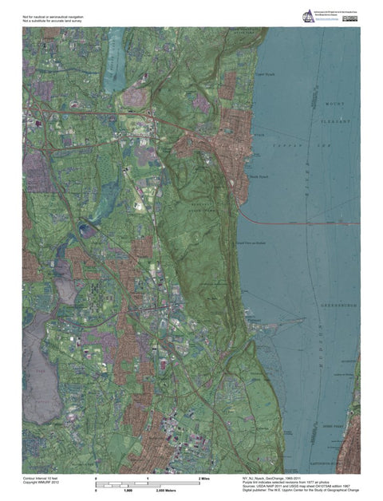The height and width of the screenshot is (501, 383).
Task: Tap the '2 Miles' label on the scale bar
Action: click(204, 476)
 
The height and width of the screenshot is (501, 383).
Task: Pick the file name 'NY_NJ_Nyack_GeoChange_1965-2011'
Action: click(275, 476)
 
